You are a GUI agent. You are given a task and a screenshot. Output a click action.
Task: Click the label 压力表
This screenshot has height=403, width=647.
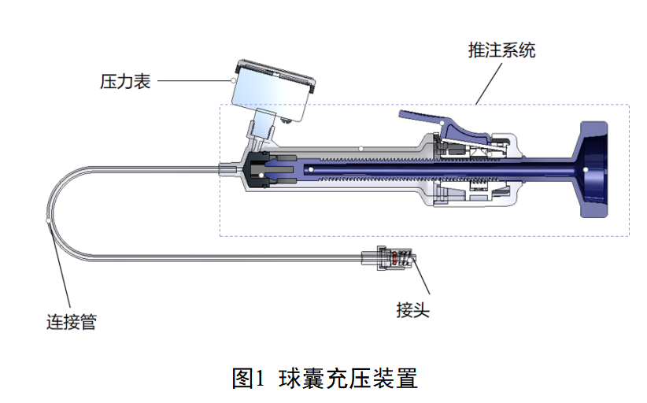pyautogui.click(x=125, y=80)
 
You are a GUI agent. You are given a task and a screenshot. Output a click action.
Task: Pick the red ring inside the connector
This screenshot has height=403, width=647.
pyautogui.click(x=395, y=257)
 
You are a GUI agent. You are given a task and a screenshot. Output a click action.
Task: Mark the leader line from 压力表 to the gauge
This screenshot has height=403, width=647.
pyautogui.click(x=193, y=80)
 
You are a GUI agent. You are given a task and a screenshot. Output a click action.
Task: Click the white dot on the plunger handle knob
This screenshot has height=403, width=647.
pyautogui.click(x=590, y=167)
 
